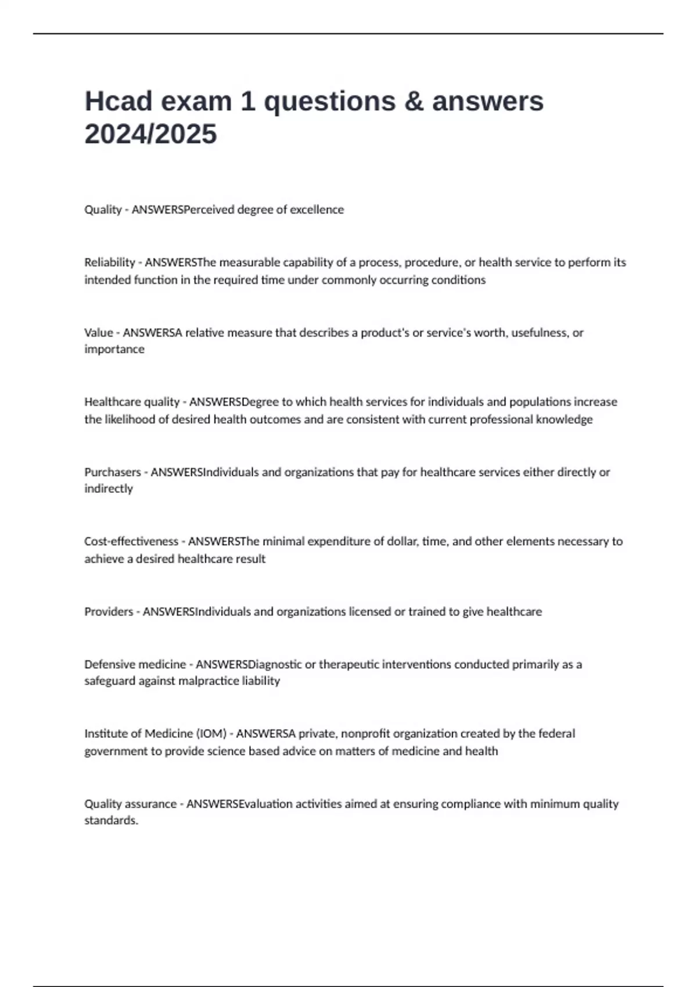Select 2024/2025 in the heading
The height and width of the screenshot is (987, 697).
tap(150, 134)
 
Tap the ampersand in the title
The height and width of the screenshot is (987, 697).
tap(412, 101)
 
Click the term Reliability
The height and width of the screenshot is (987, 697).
tap(110, 262)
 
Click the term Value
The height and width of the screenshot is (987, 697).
tap(99, 333)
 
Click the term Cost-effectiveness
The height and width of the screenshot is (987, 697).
tap(131, 542)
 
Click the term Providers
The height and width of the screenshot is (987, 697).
tap(109, 611)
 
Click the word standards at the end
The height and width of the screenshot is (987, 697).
tap(111, 820)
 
